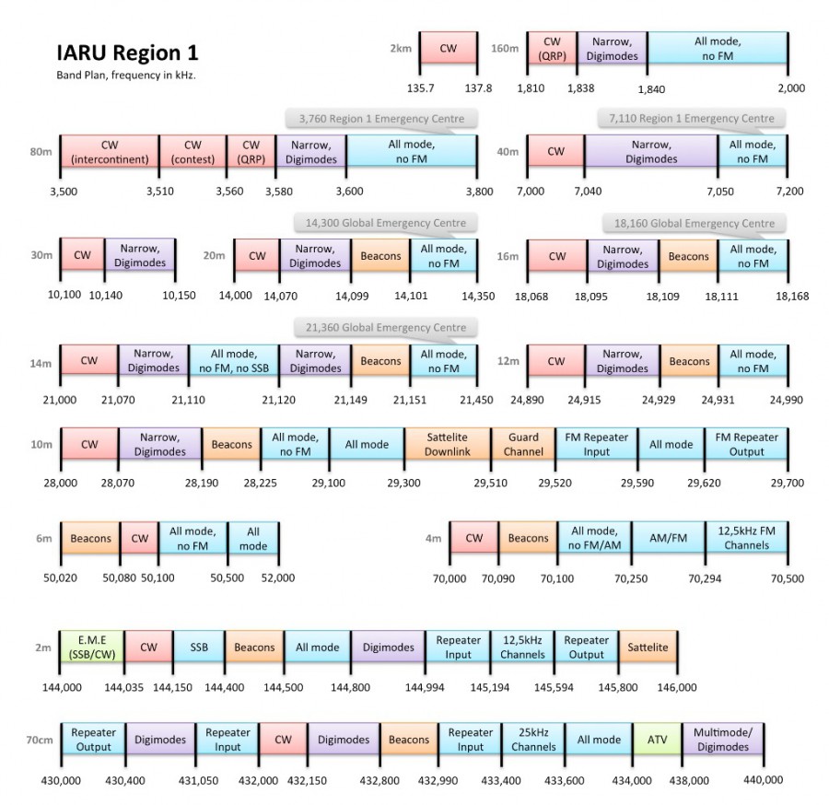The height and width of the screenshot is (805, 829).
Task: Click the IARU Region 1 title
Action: (x=127, y=52)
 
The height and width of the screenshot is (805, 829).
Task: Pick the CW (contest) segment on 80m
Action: (x=193, y=151)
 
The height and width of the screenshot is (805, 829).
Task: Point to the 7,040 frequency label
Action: (x=586, y=191)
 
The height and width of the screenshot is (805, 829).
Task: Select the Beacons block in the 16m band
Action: (x=688, y=256)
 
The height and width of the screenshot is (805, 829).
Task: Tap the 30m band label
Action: (x=42, y=256)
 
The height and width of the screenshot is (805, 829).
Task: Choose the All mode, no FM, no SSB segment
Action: (x=233, y=361)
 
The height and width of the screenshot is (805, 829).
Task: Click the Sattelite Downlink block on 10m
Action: (x=448, y=444)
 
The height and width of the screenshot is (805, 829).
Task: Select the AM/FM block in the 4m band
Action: (x=670, y=539)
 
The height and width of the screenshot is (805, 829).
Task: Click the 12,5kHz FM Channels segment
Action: (x=746, y=539)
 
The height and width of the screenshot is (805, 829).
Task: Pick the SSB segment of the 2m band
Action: (x=199, y=647)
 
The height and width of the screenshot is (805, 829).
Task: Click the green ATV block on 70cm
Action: (x=657, y=740)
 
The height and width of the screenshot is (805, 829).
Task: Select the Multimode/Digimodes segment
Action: (x=723, y=740)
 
